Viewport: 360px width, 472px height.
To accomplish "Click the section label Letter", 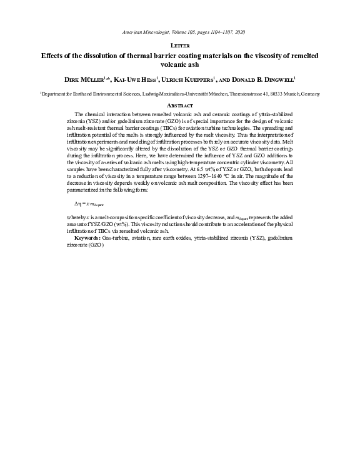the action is point(180,46).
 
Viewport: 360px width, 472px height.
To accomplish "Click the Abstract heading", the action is point(180,105).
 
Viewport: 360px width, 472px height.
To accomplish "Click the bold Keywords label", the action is point(87,220).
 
